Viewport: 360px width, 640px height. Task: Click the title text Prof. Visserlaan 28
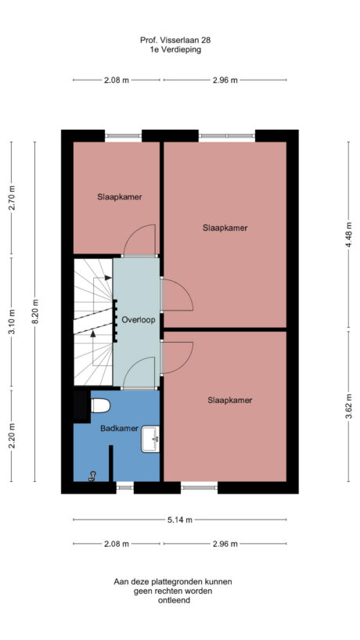[x=176, y=39]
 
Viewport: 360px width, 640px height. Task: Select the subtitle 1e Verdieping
[x=176, y=49]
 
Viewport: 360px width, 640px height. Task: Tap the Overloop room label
[x=136, y=320]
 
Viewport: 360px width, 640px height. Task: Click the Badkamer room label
[x=119, y=428]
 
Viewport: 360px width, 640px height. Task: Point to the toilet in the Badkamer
[x=99, y=405]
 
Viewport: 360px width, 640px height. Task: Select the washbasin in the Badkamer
[x=150, y=440]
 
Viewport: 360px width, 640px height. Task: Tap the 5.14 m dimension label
[x=179, y=519]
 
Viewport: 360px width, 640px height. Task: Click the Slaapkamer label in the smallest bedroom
[x=119, y=197]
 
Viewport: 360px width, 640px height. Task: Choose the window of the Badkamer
[x=124, y=487]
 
